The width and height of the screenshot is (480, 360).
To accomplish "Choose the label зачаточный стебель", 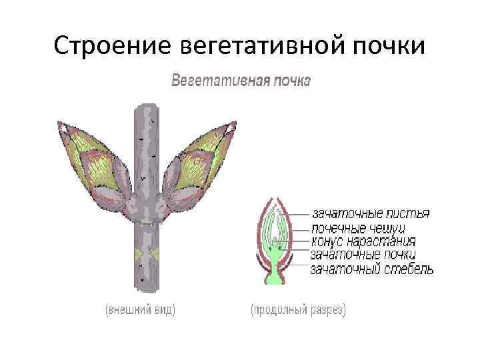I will click(372, 269).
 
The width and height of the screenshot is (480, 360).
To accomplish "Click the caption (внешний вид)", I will click(139, 311).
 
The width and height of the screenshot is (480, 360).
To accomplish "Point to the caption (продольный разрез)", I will click(298, 311).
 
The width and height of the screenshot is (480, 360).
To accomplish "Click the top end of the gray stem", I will click(146, 108).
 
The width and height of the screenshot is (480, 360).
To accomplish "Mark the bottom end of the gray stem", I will click(146, 289).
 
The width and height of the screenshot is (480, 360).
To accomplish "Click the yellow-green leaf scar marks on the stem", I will click(146, 254).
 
